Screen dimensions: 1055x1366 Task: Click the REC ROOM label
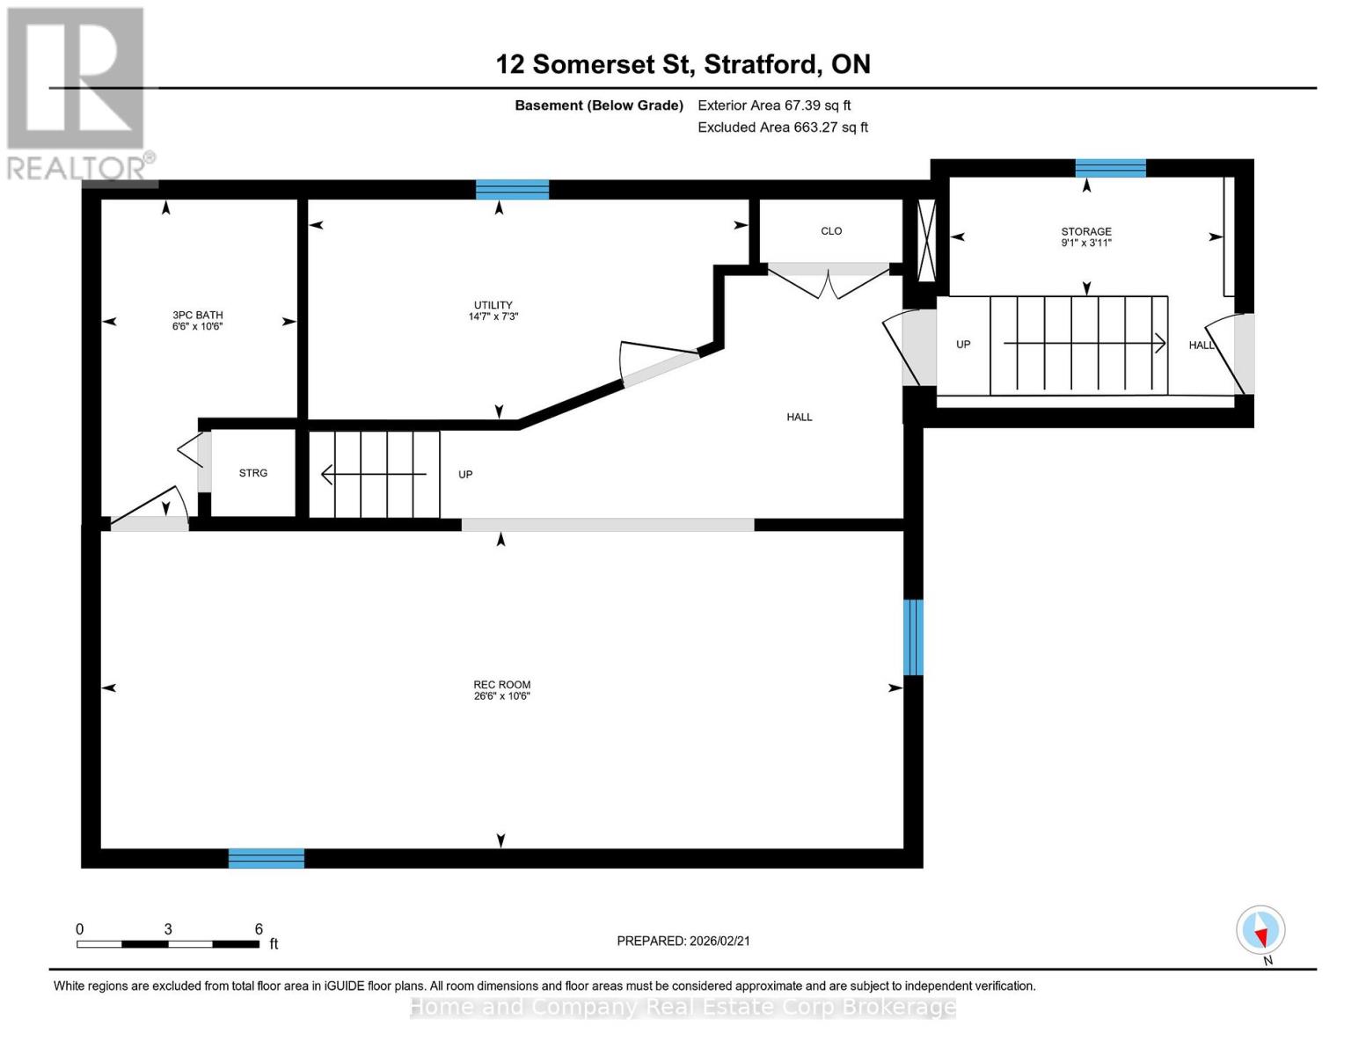(501, 690)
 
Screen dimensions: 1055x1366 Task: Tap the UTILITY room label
(493, 310)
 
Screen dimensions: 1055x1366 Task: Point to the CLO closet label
(831, 231)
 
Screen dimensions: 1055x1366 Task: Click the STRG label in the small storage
(253, 473)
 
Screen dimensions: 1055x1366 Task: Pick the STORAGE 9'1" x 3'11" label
(1086, 237)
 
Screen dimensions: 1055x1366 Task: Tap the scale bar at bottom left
(168, 943)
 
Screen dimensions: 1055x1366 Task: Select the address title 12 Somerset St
(683, 64)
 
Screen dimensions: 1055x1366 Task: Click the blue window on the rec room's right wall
(914, 637)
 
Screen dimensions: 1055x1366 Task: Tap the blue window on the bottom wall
(267, 858)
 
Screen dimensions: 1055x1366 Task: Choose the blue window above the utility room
(512, 189)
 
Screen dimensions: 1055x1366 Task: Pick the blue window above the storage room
(1110, 168)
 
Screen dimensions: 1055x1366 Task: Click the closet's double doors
(829, 281)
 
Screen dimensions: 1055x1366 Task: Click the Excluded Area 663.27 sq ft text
(783, 127)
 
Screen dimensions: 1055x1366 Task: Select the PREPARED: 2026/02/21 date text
(683, 941)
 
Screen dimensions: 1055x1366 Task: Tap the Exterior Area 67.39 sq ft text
(774, 105)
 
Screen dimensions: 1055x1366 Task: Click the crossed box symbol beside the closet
(926, 240)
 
